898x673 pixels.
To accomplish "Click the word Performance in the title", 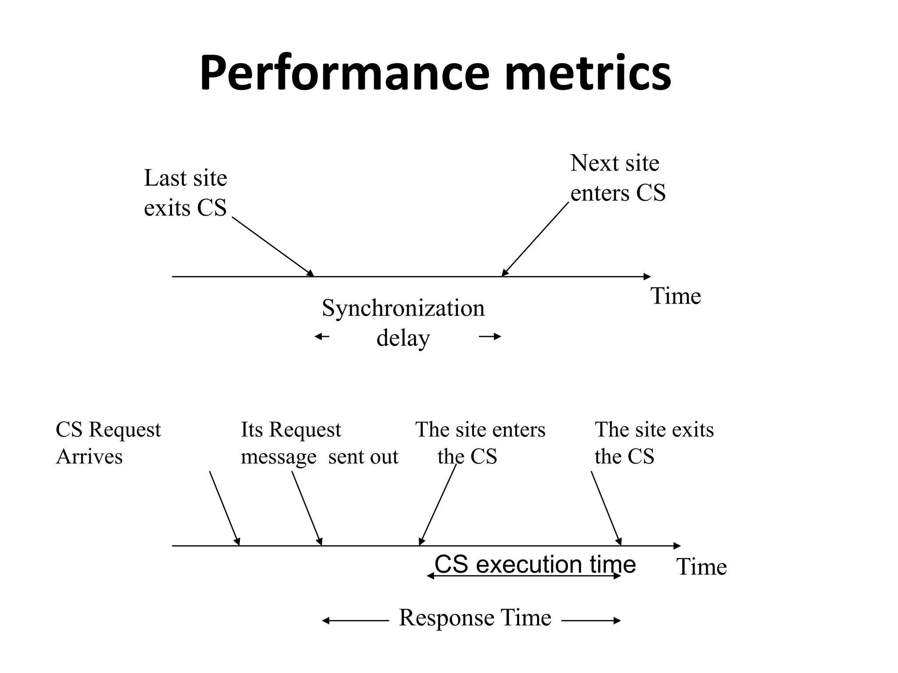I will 344,73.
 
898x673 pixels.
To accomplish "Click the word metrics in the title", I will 588,73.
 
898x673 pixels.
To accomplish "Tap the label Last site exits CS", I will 185,193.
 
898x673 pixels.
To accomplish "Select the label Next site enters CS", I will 617,178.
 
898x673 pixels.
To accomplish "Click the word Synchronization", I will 403,308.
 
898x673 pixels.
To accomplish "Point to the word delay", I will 403,338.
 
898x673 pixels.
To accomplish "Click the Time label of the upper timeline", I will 675,296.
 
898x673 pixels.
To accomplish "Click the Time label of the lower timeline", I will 701,567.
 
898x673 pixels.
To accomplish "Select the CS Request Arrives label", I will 108,443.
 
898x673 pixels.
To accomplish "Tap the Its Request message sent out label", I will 319,443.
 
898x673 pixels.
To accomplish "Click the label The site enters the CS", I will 480,443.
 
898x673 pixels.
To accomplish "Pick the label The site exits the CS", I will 653,443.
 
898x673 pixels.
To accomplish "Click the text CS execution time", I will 535,564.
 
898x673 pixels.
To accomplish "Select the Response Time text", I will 475,618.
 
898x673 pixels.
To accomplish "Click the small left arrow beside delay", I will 322,336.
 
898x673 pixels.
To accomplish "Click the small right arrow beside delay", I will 490,336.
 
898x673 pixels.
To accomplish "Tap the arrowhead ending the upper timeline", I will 647,276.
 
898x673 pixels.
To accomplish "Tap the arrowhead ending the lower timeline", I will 677,546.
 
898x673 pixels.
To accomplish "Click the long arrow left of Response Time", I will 355,620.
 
